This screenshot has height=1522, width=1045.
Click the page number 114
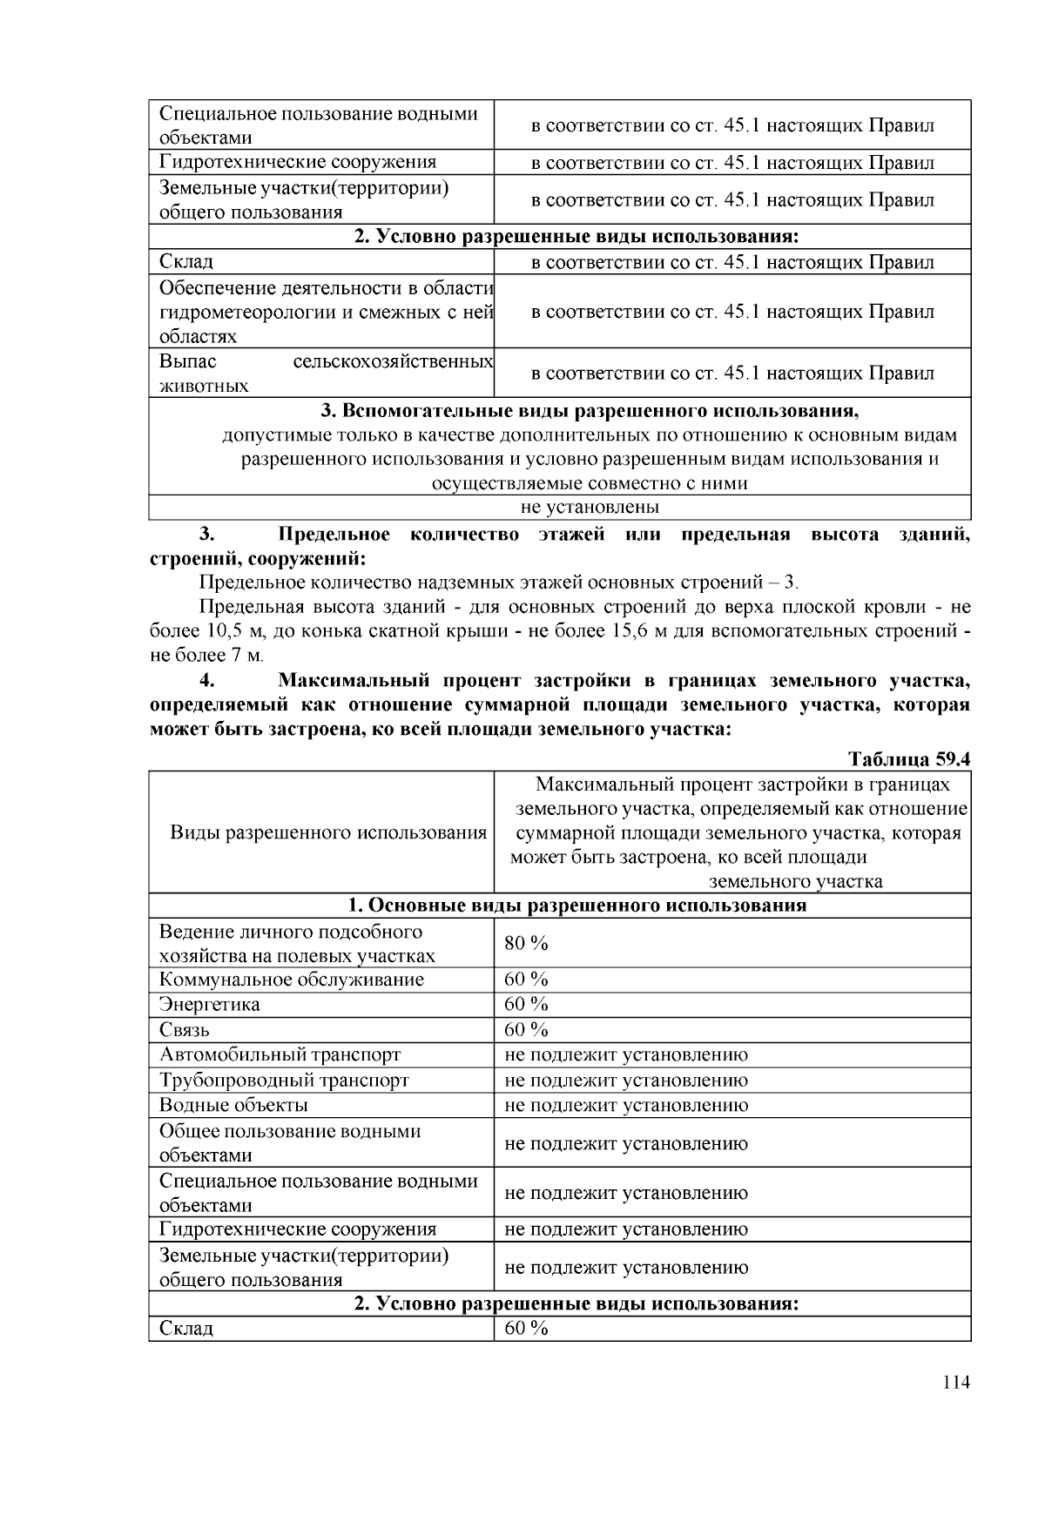tap(955, 1383)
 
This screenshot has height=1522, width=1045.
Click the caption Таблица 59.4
tap(909, 758)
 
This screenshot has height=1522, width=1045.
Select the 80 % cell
tap(526, 943)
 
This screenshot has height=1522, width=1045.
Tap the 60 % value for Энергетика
tap(526, 1004)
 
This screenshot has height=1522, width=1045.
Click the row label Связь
tap(184, 1030)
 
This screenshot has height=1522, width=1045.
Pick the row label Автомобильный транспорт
tap(280, 1054)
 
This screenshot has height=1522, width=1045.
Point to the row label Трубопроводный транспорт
tap(284, 1080)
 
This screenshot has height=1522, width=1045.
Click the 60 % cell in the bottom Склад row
tap(526, 1328)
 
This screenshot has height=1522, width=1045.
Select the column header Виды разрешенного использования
tap(327, 832)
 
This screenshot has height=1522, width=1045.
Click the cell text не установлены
tap(590, 507)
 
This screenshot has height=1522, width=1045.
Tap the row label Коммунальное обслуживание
tap(291, 980)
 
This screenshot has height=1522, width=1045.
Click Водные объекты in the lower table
tap(233, 1105)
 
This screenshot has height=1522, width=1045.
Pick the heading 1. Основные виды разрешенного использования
tap(576, 906)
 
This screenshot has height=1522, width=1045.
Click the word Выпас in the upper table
tap(187, 360)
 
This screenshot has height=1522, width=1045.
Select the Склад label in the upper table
tap(185, 261)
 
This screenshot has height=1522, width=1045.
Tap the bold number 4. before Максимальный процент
tap(206, 680)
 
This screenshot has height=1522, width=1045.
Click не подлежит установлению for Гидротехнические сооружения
tap(625, 1229)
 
